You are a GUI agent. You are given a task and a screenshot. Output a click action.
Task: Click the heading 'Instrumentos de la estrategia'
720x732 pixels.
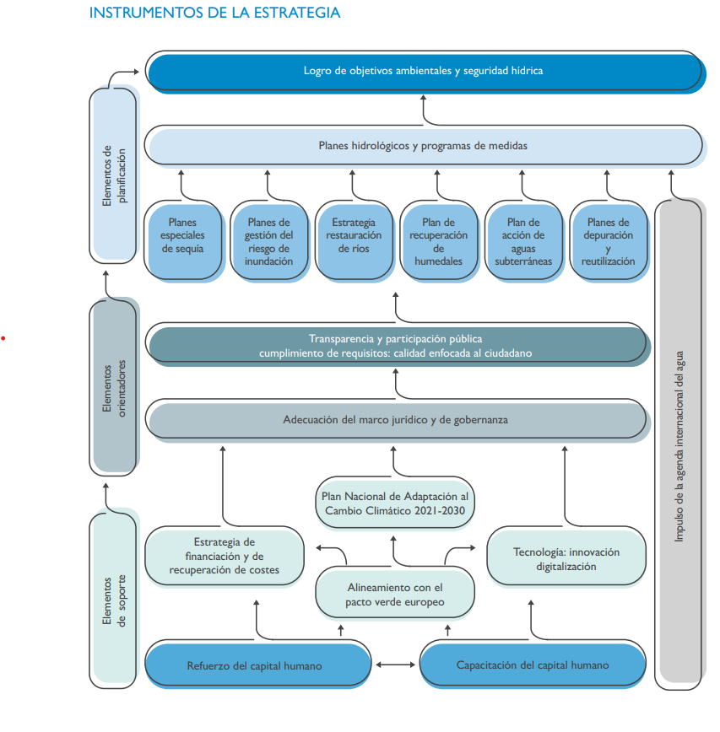pyautogui.click(x=215, y=13)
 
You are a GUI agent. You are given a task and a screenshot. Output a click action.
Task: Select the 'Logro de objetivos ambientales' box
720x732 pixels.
pyautogui.click(x=423, y=71)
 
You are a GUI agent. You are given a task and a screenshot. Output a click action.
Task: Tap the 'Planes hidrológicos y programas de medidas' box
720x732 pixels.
pyautogui.click(x=423, y=146)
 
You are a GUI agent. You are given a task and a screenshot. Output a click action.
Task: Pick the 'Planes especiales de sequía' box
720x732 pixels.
pyautogui.click(x=182, y=240)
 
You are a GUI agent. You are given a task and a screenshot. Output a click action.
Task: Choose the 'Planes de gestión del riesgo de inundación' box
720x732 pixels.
pyautogui.click(x=268, y=240)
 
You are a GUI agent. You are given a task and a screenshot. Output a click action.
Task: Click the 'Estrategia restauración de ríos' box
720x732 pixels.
pyautogui.click(x=353, y=240)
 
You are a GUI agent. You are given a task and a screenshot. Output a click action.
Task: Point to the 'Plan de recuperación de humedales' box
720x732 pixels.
pyautogui.click(x=438, y=240)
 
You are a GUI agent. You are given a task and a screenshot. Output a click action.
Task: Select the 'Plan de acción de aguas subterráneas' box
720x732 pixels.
pyautogui.click(x=523, y=240)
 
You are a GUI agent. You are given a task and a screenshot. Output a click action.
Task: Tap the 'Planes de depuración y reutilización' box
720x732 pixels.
pyautogui.click(x=608, y=240)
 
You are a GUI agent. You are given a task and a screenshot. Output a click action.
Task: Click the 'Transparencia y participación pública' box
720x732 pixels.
pyautogui.click(x=396, y=346)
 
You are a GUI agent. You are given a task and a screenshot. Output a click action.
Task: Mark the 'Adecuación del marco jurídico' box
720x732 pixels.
pyautogui.click(x=396, y=419)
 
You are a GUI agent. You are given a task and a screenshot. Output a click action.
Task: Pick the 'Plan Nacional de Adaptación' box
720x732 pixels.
pyautogui.click(x=393, y=503)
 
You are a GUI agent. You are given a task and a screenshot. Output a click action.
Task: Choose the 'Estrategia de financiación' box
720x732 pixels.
pyautogui.click(x=224, y=556)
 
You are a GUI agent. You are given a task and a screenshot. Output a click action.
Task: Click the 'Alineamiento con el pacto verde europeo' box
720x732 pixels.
pyautogui.click(x=394, y=595)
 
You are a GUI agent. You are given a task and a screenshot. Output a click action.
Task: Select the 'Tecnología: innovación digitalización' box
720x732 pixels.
pyautogui.click(x=566, y=558)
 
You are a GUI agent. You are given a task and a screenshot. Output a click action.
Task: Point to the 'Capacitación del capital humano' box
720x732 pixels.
pyautogui.click(x=532, y=665)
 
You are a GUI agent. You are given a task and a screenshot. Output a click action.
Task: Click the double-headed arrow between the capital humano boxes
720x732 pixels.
pyautogui.click(x=396, y=665)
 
